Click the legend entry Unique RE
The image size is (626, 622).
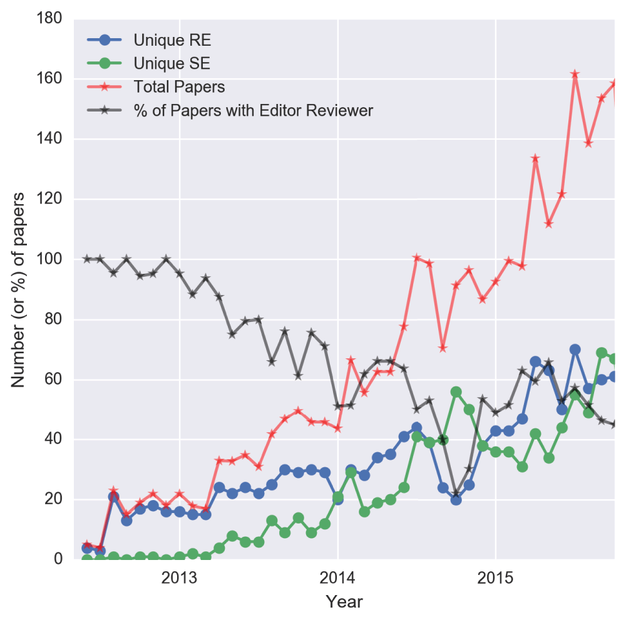(x=172, y=41)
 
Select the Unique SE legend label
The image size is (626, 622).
(x=172, y=63)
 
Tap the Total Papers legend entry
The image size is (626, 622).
(x=179, y=87)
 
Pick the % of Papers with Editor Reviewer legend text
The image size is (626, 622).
(x=253, y=111)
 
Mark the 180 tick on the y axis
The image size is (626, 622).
(x=49, y=19)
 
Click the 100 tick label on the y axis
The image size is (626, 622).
(x=49, y=259)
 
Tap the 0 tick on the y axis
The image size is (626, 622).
(x=58, y=559)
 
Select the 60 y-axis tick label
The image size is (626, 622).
(x=53, y=380)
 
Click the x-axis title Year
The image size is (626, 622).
(x=344, y=602)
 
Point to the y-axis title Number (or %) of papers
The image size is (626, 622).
(x=19, y=289)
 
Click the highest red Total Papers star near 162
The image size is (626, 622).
(x=575, y=74)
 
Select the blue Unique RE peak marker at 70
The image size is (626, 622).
(x=575, y=350)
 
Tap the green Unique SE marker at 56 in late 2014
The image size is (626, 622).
(x=456, y=391)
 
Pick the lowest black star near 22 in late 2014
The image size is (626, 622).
(x=456, y=494)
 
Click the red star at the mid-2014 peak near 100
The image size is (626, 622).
(x=416, y=258)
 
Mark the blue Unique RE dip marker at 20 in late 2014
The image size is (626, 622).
(x=456, y=499)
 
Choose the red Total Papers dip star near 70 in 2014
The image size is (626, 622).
(x=443, y=348)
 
